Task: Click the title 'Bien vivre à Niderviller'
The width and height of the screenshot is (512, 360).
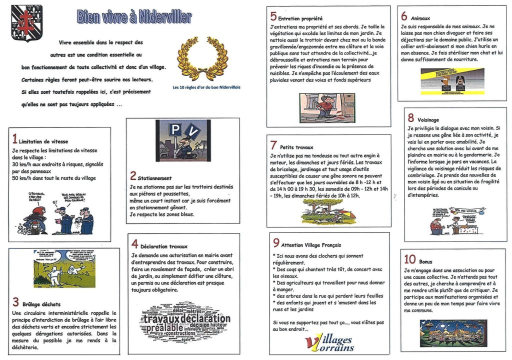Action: pyautogui.click(x=134, y=17)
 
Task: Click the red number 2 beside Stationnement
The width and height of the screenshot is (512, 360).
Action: pyautogui.click(x=133, y=175)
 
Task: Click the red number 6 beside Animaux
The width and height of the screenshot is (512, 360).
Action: pyautogui.click(x=404, y=15)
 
